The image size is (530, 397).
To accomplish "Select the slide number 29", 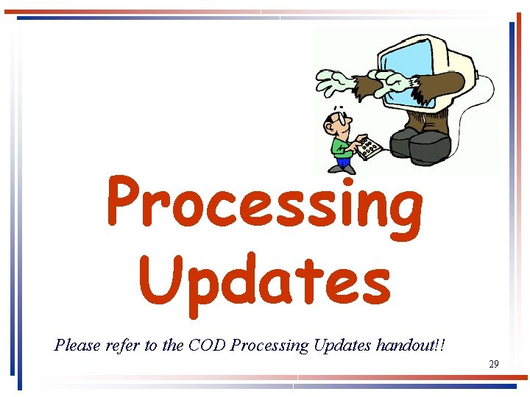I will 493,364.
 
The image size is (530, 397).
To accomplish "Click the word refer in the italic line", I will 120,345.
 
